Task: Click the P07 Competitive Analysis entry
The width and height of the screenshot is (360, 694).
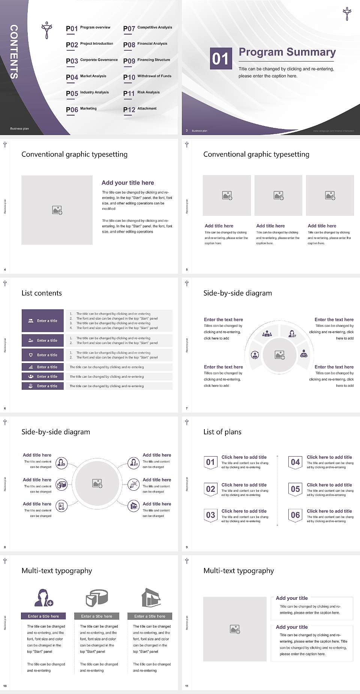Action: point(147,28)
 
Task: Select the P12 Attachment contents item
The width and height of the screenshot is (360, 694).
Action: point(140,109)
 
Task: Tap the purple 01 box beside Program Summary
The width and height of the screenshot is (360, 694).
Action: point(220,59)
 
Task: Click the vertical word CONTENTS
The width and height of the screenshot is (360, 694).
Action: point(14,52)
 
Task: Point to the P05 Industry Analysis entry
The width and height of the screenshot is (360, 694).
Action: point(87,93)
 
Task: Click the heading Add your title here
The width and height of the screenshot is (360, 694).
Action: point(127,183)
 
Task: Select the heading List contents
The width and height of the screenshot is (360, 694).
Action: point(42,293)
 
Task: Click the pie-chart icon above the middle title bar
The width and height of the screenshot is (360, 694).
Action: point(97,598)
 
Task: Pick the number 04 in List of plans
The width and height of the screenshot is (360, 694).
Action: point(295,462)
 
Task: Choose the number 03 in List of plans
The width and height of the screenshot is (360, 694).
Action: point(210,515)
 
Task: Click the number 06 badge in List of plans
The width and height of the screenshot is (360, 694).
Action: point(295,515)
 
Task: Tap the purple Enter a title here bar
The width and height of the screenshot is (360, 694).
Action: point(43,616)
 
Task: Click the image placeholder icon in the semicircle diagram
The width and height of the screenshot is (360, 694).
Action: point(280,355)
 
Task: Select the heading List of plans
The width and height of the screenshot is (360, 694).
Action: point(222,432)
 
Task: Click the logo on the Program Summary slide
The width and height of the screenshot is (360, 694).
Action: point(347,14)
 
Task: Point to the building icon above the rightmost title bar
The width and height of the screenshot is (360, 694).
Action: point(151,598)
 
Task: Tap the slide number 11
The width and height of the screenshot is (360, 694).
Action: point(187,686)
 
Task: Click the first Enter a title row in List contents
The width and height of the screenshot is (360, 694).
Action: point(43,321)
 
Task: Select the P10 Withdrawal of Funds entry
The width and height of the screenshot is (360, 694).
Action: point(147,77)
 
